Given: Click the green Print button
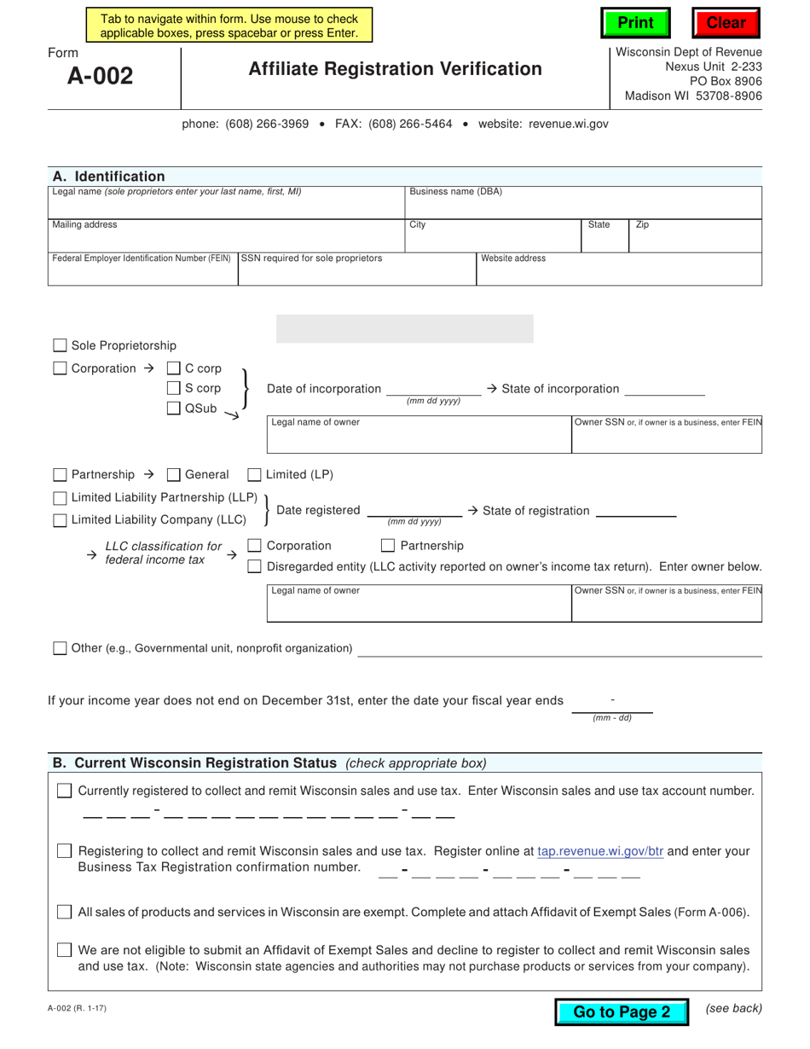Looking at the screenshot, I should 635,23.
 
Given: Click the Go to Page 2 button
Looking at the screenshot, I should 622,1011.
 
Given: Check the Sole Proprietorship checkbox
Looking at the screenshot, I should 60,345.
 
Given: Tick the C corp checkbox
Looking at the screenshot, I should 174,368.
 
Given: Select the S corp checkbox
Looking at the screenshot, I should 174,388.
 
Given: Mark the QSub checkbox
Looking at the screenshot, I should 174,409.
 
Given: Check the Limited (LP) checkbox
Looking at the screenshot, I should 254,474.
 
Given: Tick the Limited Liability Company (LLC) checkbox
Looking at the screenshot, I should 60,519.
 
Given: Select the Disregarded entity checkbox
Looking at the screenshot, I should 254,566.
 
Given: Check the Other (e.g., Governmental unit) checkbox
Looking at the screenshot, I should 60,648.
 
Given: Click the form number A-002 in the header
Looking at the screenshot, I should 101,77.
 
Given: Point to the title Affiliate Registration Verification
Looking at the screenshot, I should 395,69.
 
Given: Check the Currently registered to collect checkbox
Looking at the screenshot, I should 65,791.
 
